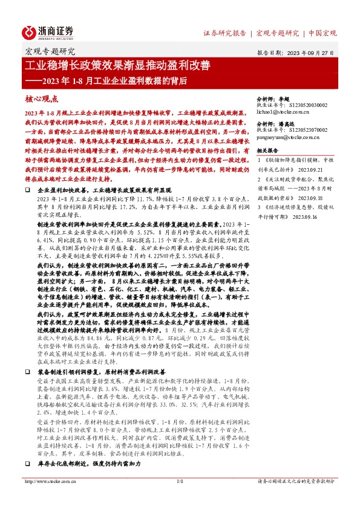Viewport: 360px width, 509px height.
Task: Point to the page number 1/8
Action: pos(180,499)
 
